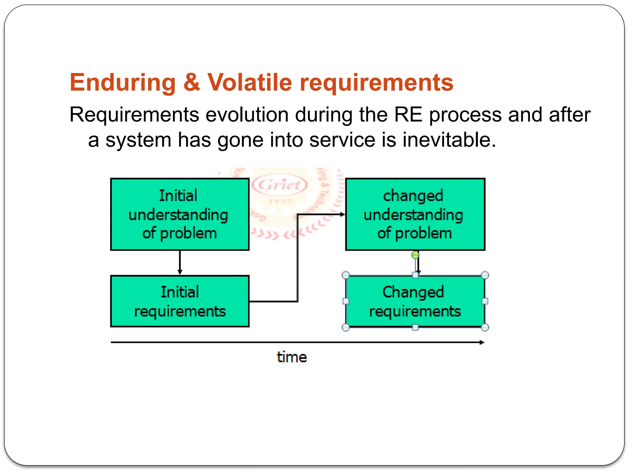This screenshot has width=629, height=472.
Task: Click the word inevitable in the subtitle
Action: pyautogui.click(x=449, y=140)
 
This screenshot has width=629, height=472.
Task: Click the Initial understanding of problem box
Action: pyautogui.click(x=180, y=214)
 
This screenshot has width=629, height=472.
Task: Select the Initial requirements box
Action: pyautogui.click(x=180, y=301)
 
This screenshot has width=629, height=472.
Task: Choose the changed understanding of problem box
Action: pyautogui.click(x=415, y=214)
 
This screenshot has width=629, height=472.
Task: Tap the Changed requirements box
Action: pyautogui.click(x=415, y=301)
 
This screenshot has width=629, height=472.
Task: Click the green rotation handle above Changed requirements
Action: pyautogui.click(x=415, y=255)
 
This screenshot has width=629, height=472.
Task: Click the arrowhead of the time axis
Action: pyautogui.click(x=482, y=342)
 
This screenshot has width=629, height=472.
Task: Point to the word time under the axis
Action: pyautogui.click(x=292, y=357)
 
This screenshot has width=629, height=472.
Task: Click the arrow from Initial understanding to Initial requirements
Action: pyautogui.click(x=180, y=262)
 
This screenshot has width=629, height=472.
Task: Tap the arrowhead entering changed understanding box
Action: pyautogui.click(x=342, y=214)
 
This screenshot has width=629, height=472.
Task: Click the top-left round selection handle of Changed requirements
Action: pyautogui.click(x=346, y=275)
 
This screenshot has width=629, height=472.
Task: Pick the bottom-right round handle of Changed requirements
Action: pyautogui.click(x=485, y=327)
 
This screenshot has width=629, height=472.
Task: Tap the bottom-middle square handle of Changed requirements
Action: pyautogui.click(x=415, y=328)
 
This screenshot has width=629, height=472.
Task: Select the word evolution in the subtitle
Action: pyautogui.click(x=247, y=115)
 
